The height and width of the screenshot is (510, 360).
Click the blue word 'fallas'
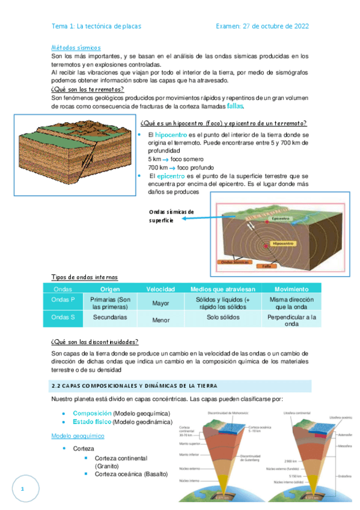[x=236, y=106]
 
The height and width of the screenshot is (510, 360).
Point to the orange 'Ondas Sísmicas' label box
[x=235, y=262]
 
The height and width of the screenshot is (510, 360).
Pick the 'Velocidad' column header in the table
[x=160, y=289]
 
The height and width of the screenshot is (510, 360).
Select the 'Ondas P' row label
[x=64, y=300]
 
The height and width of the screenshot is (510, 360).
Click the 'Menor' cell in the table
[x=160, y=320]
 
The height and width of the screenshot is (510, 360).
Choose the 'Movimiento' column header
[x=291, y=289]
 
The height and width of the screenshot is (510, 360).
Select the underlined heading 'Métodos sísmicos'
[x=76, y=47]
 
